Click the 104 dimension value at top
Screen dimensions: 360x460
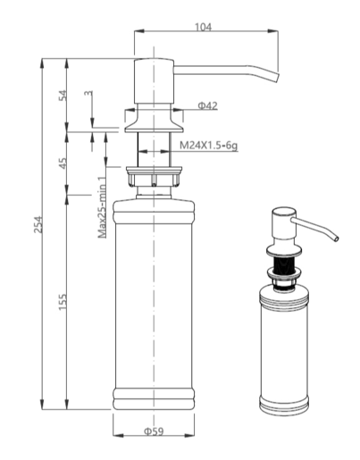coord(203,27)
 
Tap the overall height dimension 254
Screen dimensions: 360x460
coord(38,224)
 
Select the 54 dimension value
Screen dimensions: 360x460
coord(63,96)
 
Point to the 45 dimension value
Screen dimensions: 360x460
coord(63,163)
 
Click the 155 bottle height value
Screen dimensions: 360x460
coord(63,302)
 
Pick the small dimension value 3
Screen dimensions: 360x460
coord(88,93)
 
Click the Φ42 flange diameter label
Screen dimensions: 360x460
coord(208,105)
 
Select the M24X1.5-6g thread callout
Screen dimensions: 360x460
coord(208,146)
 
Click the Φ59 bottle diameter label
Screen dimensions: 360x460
coord(154,431)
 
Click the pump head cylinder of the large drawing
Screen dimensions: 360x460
coord(154,81)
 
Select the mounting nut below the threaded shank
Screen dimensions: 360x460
coord(154,177)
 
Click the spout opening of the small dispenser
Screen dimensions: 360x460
coord(336,238)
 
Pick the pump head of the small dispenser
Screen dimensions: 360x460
coord(284,224)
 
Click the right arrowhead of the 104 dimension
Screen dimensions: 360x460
coord(272,31)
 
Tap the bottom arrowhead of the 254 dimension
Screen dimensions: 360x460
coord(42,404)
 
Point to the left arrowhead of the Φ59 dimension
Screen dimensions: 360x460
coord(118,435)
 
